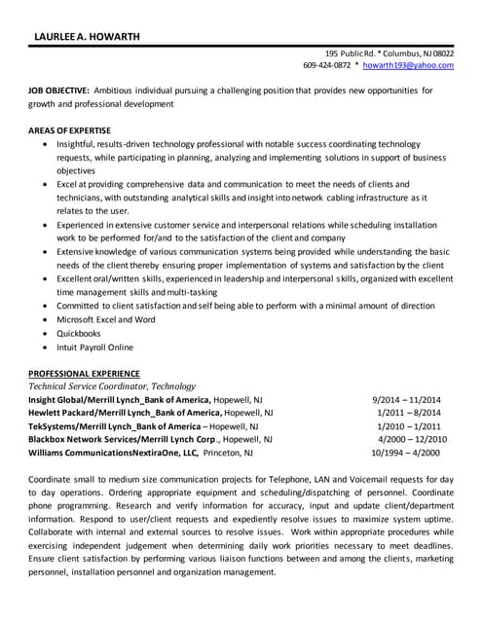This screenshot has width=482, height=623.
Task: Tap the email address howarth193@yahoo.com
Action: tap(408, 65)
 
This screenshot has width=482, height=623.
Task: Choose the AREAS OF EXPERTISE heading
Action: tap(69, 130)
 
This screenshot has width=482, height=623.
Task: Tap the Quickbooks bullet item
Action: tap(79, 333)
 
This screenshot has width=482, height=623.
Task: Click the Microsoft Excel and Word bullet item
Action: tap(105, 319)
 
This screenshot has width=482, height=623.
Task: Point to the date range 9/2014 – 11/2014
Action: tap(406, 400)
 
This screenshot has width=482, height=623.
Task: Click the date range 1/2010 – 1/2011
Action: tap(408, 426)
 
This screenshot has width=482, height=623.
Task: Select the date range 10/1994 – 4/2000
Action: tap(405, 453)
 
